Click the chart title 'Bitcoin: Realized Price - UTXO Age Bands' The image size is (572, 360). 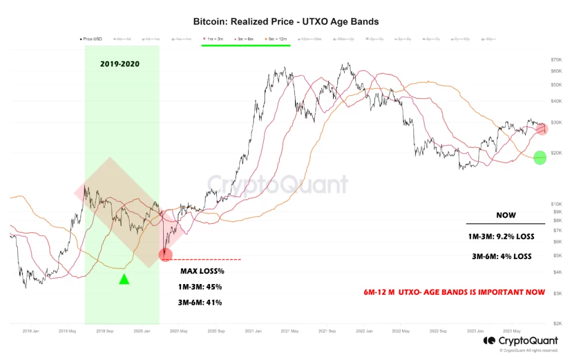point(285,22)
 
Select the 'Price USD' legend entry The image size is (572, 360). point(90,39)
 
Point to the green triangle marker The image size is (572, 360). point(124,279)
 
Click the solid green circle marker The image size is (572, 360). point(540,158)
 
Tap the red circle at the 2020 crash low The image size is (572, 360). point(166,255)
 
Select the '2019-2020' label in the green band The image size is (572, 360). point(120,64)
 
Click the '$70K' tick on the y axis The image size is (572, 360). point(556,60)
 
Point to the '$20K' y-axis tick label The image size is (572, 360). point(556,153)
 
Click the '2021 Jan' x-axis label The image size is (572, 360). point(254,331)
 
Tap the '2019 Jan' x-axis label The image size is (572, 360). point(31,331)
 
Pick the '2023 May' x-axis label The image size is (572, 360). point(512,331)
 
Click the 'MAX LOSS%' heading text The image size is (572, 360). point(202,271)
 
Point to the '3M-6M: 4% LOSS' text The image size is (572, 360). point(501,257)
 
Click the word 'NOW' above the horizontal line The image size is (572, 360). point(506,215)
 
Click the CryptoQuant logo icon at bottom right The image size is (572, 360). point(489,340)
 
